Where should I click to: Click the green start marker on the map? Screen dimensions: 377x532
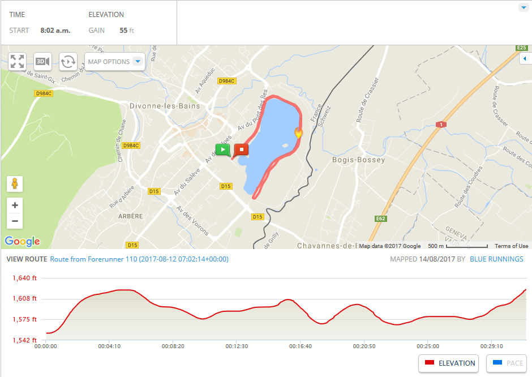223,150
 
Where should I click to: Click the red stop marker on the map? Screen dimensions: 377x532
242,149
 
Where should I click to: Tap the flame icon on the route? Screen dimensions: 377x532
298,132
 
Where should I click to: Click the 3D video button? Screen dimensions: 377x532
42,62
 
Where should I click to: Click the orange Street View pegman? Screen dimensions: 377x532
15,184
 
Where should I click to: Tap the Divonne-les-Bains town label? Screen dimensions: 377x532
162,106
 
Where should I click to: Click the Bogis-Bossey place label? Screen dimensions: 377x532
358,160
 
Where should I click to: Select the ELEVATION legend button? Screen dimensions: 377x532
449,363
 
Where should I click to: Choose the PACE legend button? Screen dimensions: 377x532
507,363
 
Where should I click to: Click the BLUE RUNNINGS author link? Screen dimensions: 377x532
496,259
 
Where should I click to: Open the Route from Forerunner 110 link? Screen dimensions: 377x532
139,259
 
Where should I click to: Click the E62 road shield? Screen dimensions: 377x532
380,218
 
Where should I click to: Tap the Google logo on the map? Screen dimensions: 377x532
23,241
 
